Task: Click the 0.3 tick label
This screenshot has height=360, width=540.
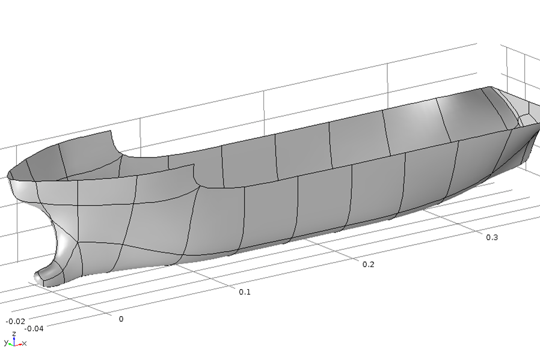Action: pyautogui.click(x=492, y=237)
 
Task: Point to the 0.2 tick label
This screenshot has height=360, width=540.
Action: pyautogui.click(x=368, y=264)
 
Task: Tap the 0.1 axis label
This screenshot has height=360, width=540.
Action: pyautogui.click(x=244, y=292)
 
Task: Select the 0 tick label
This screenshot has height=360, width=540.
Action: pyautogui.click(x=121, y=319)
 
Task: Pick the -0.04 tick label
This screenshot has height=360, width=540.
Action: pyautogui.click(x=34, y=329)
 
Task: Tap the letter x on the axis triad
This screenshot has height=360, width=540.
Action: pyautogui.click(x=25, y=344)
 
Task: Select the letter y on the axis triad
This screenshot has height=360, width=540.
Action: pyautogui.click(x=5, y=343)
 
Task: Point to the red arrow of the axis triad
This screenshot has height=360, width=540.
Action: pyautogui.click(x=19, y=344)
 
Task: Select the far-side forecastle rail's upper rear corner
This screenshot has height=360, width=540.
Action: pyautogui.click(x=112, y=132)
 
